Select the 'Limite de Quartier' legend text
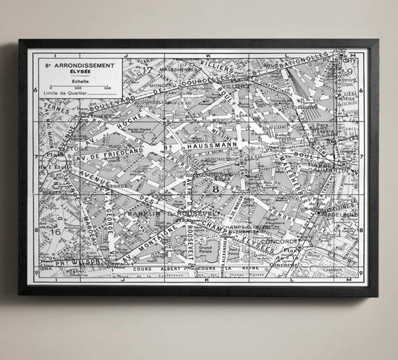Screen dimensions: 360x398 (61, 94)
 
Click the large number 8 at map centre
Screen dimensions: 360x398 (216, 188)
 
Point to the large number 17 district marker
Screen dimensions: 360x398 (147, 69)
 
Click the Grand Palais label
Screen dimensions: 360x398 (208, 248)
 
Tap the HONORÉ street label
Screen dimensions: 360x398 (287, 209)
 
